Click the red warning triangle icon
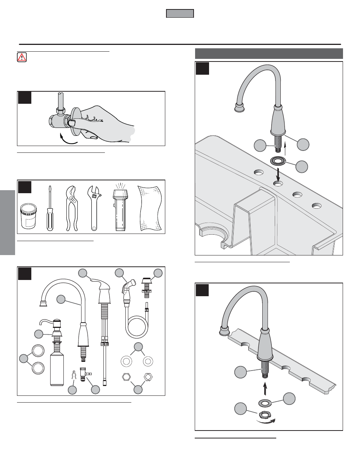[x=22, y=57]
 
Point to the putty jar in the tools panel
[x=28, y=216]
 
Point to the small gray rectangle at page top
[x=180, y=14]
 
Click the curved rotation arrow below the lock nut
[x=266, y=421]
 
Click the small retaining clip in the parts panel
[x=74, y=376]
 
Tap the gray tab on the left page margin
[x=8, y=222]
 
